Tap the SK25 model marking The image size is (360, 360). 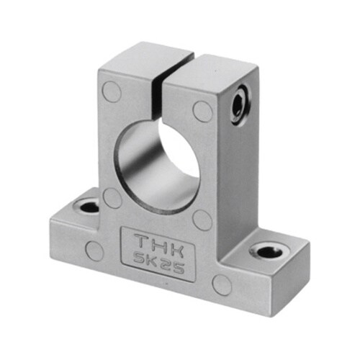click(x=159, y=264)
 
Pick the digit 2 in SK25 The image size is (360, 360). click(x=165, y=265)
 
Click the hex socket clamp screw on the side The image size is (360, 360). click(x=241, y=106)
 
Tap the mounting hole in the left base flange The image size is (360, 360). click(x=89, y=207)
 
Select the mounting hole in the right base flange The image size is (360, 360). click(x=269, y=252)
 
